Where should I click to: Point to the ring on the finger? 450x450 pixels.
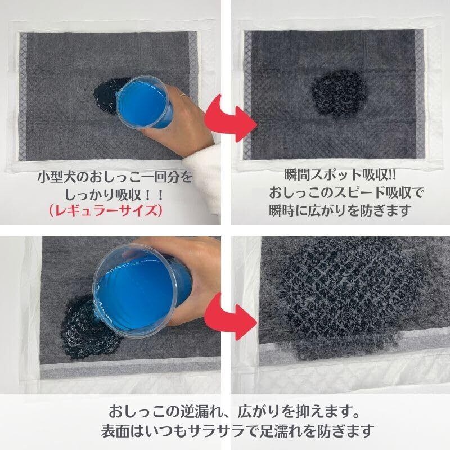pos(183,94)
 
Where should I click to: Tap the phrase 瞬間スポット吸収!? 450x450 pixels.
pos(340,175)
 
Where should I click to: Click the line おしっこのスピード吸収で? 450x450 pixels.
pos(346,193)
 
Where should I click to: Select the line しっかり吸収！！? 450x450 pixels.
pos(114,195)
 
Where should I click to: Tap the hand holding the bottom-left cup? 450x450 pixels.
pos(187,276)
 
